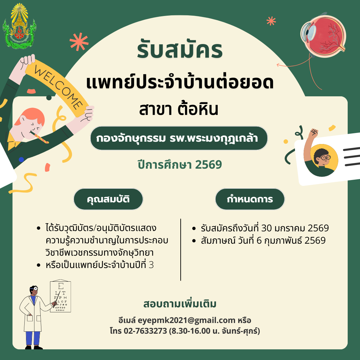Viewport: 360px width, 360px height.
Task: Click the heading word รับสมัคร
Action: click(x=180, y=49)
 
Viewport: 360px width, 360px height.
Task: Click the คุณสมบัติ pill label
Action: click(x=108, y=199)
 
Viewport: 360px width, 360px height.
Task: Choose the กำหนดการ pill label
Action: click(x=250, y=199)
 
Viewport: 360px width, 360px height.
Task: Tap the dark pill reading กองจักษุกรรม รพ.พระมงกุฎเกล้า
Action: click(x=179, y=138)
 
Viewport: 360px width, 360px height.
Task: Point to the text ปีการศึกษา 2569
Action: click(x=180, y=165)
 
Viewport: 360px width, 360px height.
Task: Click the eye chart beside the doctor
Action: click(x=60, y=296)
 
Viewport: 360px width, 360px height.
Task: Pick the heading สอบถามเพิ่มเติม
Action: click(x=180, y=304)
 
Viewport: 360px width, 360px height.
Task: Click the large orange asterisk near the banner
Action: click(x=79, y=41)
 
